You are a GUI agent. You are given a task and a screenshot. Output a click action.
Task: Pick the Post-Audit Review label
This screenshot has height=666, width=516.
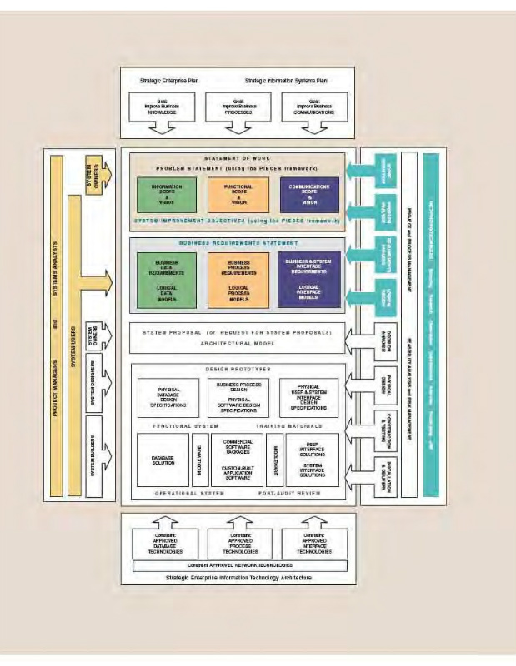pos(292,493)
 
